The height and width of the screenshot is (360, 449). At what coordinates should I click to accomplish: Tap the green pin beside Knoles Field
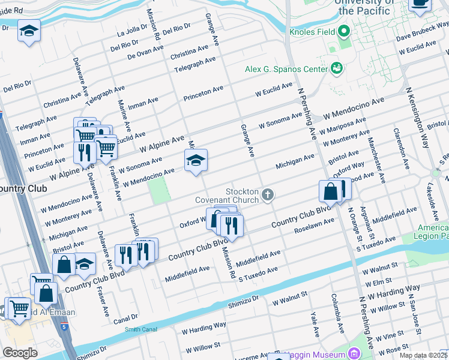pyautogui.click(x=343, y=31)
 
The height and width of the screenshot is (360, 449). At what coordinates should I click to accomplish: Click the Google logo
pyautogui.click(x=20, y=352)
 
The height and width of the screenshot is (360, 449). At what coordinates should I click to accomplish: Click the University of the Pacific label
pyautogui.click(x=366, y=8)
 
